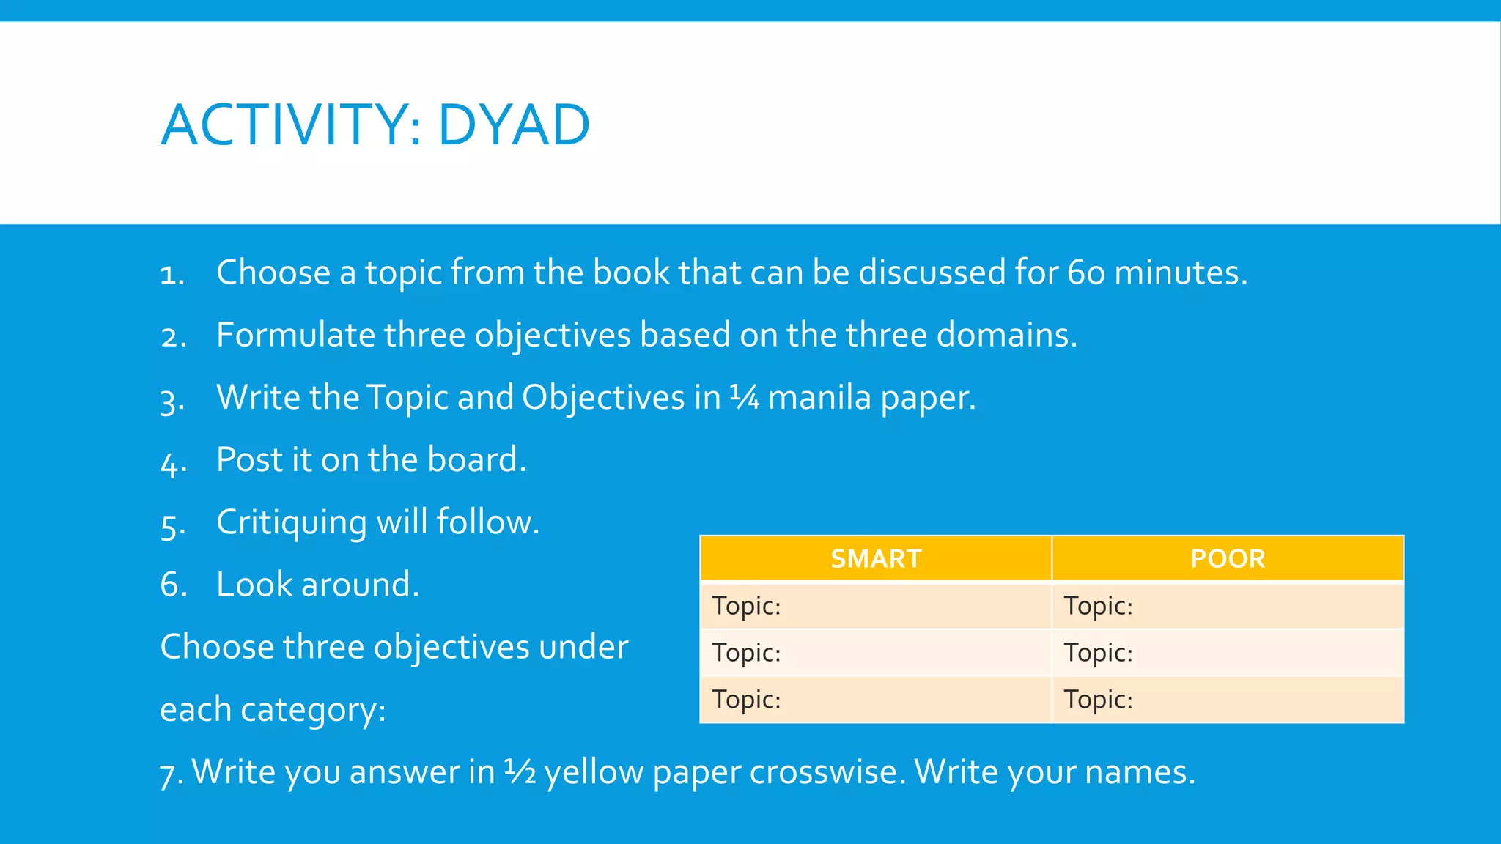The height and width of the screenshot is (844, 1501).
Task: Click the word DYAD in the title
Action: [x=514, y=125]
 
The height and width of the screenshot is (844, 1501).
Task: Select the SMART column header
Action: [x=876, y=559]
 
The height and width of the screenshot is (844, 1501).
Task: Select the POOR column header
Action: [x=1228, y=559]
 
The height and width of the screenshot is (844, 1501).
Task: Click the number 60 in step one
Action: [x=1085, y=273]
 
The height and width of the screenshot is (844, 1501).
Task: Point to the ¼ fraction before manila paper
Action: [x=744, y=398]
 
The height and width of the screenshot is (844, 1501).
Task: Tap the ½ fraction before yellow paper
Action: [x=520, y=772]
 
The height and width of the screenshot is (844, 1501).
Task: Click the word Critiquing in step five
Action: [x=291, y=523]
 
